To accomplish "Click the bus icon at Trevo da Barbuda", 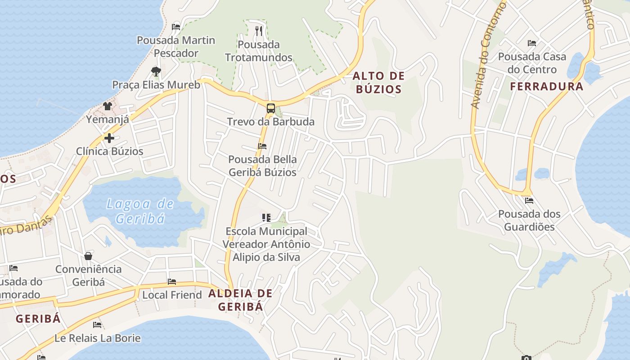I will point(270,108).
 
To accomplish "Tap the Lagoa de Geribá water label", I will point(140,211).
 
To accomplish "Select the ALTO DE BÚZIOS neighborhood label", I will point(378,82).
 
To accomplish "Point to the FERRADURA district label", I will point(546,86).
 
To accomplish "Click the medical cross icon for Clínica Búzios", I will point(109,138).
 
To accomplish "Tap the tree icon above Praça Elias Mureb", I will point(156,71).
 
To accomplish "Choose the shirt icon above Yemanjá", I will point(107,106).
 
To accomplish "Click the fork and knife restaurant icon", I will point(258,31).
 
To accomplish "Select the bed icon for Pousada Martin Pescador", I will point(176,27).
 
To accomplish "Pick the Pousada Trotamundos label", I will point(259,51).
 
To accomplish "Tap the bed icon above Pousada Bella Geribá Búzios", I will point(262,146).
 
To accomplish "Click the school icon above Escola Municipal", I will point(266,218).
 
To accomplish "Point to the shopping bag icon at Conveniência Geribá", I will point(88,256).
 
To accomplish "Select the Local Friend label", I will point(172,295).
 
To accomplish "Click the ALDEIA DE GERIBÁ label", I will point(240,300).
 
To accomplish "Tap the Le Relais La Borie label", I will point(98,338).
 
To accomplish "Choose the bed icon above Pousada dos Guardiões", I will point(529,200).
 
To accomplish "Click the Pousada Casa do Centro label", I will point(532,63).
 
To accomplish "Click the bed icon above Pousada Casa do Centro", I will point(532,43).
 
